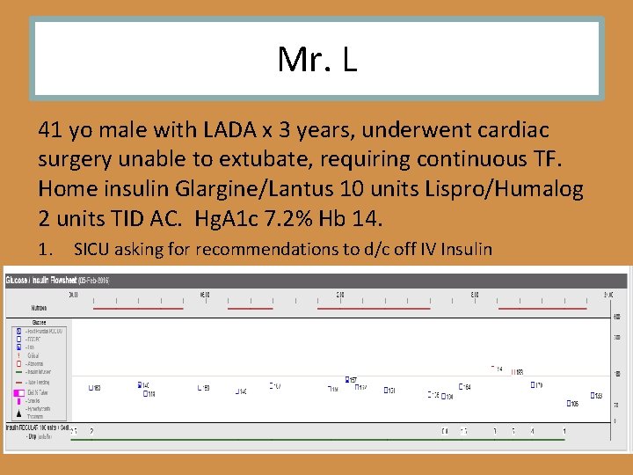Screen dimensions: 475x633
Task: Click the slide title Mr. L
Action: pos(316,59)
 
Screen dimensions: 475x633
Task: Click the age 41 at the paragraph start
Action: pos(50,130)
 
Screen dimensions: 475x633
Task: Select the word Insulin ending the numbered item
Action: pos(465,250)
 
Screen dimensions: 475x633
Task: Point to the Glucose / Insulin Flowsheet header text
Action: pos(57,280)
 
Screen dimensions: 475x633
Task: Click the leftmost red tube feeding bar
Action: pos(137,309)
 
